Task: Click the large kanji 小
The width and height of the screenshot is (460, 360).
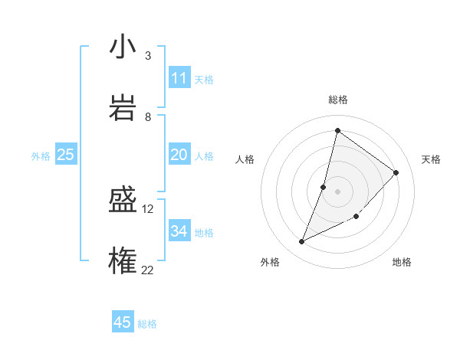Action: pyautogui.click(x=123, y=47)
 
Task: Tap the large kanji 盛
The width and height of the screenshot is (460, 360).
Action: pyautogui.click(x=123, y=200)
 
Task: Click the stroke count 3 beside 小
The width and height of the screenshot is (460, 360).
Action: pyautogui.click(x=148, y=56)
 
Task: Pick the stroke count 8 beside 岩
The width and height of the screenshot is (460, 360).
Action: pyautogui.click(x=148, y=116)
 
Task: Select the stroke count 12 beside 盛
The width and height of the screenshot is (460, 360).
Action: pyautogui.click(x=148, y=208)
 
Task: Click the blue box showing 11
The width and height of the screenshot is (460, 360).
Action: pyautogui.click(x=179, y=78)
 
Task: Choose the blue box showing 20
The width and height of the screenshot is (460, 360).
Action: pyautogui.click(x=179, y=155)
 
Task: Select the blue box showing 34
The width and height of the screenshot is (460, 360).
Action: pyautogui.click(x=179, y=231)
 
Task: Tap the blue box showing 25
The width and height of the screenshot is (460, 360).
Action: pyautogui.click(x=65, y=155)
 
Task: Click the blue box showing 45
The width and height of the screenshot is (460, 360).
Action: pyautogui.click(x=123, y=322)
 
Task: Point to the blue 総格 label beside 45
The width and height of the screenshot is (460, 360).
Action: pyautogui.click(x=147, y=324)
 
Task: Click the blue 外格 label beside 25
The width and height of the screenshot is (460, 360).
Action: pyautogui.click(x=41, y=156)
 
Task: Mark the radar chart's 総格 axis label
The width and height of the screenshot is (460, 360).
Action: pyautogui.click(x=338, y=100)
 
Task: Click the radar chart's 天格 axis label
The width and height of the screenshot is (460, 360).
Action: pyautogui.click(x=431, y=159)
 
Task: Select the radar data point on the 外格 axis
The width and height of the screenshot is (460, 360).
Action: pyautogui.click(x=302, y=242)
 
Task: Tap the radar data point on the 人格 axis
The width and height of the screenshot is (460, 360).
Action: pyautogui.click(x=324, y=187)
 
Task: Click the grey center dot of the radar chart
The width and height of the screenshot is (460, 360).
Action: pyautogui.click(x=338, y=191)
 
